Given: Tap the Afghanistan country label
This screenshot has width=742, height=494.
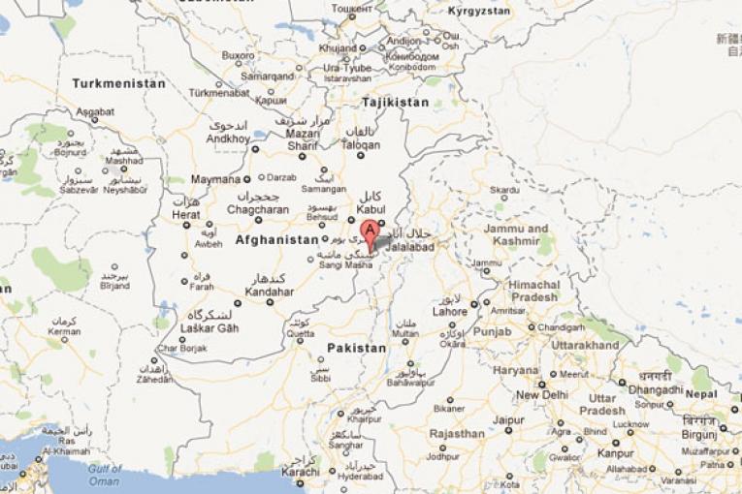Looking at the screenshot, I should click(x=276, y=239).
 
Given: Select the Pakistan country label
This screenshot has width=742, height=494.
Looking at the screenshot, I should click(x=356, y=347).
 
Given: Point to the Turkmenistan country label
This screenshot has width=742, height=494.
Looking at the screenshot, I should click(x=118, y=83).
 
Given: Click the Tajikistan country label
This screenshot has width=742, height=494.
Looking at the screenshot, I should click(x=395, y=102).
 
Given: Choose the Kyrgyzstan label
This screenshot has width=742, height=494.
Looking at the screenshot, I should click(x=479, y=11).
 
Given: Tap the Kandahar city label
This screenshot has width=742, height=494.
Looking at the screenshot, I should click(x=269, y=291).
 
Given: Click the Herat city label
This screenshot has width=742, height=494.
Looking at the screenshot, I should click(x=185, y=214).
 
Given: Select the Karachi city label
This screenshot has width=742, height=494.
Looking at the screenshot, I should click(x=300, y=472).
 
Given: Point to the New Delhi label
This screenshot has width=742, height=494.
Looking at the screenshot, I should click(x=541, y=395).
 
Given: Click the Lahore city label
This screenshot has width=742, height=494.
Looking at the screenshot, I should click(x=450, y=312).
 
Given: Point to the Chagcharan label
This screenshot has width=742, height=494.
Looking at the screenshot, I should click(x=257, y=209).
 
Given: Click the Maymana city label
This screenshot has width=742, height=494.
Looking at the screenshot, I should click(x=214, y=179).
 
